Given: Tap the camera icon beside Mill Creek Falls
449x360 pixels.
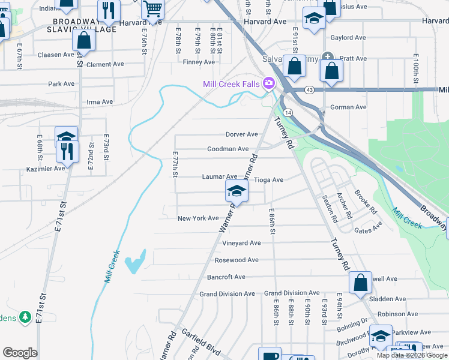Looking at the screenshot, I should (x=269, y=83).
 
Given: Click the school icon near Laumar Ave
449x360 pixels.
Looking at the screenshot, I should (x=237, y=192).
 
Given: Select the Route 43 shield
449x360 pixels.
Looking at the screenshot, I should (x=309, y=89).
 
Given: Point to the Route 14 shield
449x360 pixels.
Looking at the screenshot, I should (x=289, y=112).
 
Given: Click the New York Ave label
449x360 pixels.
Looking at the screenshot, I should (x=198, y=218).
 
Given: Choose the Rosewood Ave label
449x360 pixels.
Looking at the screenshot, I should (x=237, y=260).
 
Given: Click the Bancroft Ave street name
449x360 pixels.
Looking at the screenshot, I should (x=226, y=277).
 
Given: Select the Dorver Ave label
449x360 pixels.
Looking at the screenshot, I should (x=241, y=134).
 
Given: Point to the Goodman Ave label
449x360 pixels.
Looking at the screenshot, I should (x=228, y=149).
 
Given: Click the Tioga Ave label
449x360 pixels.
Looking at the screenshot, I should (x=268, y=179).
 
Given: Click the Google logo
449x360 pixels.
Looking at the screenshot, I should (x=20, y=353).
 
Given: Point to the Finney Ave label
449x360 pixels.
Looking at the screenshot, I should (x=199, y=62).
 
